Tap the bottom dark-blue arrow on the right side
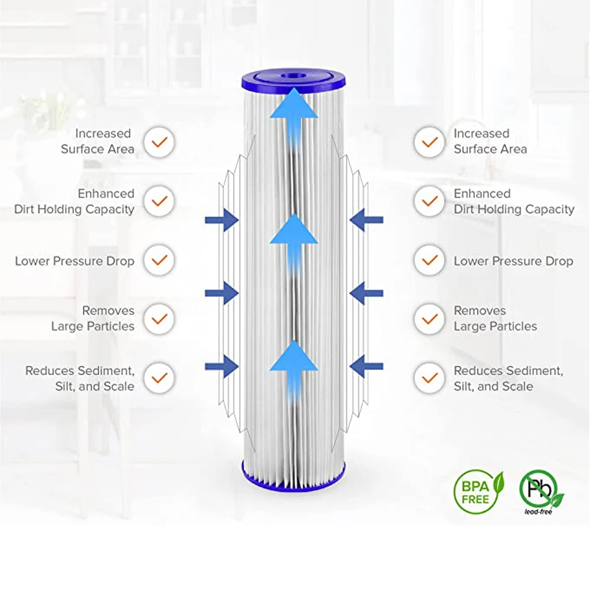coord(366,366)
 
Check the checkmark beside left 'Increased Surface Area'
coord(159,142)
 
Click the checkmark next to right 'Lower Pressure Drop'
coord(430,260)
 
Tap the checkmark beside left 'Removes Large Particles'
coord(159,319)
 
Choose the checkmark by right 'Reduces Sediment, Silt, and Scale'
coord(430,378)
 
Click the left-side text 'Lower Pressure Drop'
coord(75,261)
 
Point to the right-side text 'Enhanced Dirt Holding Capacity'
coord(513,201)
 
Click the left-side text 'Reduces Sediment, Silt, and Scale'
coord(80,378)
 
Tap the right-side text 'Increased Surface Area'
coord(490,142)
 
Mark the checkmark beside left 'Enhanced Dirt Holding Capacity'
coord(159,201)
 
